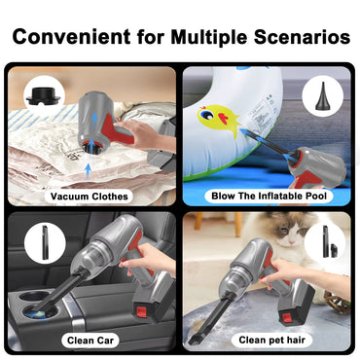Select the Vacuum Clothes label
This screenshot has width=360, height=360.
(x=90, y=196)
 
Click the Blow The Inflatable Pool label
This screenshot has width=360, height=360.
(x=269, y=196)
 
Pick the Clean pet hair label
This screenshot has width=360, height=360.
(x=270, y=340)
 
